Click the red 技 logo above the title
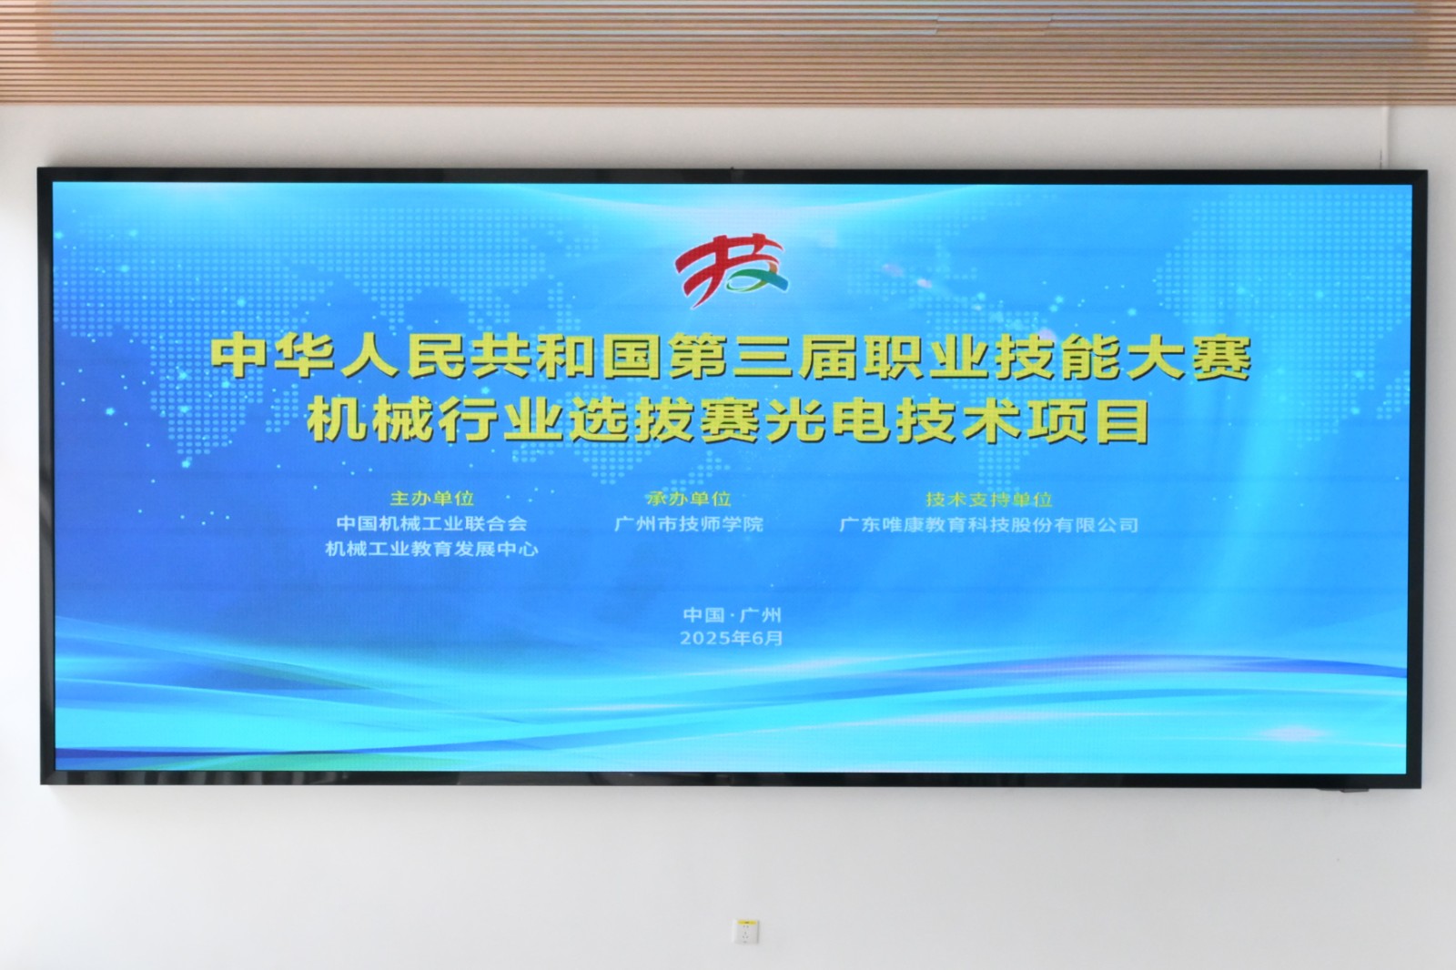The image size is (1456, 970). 731,268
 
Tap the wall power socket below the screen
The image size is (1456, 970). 746,931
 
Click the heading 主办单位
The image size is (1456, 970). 431,499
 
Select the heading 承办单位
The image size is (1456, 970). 688,499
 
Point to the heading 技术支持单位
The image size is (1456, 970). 988,500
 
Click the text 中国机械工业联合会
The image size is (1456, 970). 431,523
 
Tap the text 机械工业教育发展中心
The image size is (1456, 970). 431,549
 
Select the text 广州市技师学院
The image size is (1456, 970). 688,524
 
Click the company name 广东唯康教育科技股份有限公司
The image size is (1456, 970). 988,525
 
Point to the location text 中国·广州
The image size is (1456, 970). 732,614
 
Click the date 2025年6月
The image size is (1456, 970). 732,638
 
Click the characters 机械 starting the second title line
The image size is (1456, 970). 370,420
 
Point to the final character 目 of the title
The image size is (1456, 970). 1122,420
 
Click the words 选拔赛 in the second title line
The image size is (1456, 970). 664,420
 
